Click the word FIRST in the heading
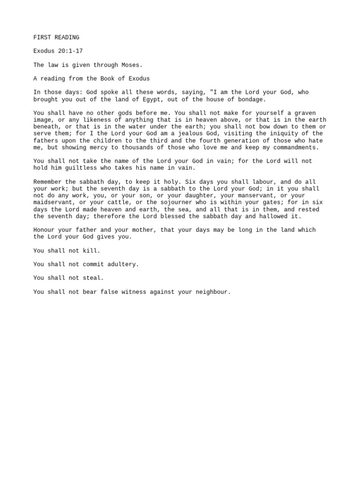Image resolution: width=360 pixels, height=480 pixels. click(x=42, y=37)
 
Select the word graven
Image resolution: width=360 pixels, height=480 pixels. click(x=305, y=113)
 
